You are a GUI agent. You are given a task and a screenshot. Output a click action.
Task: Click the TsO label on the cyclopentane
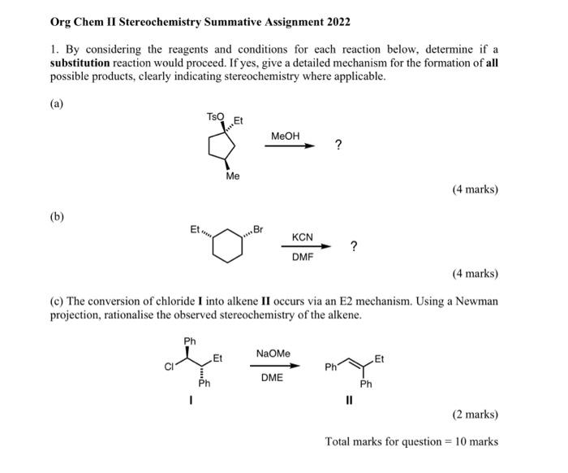coord(215,118)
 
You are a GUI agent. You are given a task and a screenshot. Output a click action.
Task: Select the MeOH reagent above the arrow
coord(286,135)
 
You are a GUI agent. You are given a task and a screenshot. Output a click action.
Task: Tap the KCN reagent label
coord(303,237)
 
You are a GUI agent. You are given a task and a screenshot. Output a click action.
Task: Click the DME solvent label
coord(272,377)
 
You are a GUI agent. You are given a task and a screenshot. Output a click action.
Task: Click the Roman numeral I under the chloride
coord(191,398)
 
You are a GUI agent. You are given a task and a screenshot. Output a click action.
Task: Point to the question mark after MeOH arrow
coord(338,145)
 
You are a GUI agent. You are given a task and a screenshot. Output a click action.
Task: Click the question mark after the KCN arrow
coord(353,245)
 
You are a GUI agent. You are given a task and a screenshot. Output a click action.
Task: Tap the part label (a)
coord(57,104)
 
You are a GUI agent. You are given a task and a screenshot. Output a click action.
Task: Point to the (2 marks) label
coord(475,414)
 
